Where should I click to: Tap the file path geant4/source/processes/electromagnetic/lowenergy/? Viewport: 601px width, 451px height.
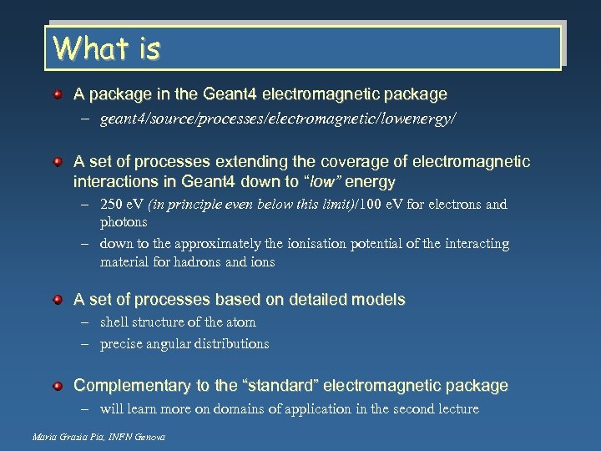(x=278, y=119)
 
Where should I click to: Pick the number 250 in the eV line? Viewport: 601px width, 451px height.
(x=112, y=205)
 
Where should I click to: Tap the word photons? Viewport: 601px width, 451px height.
(x=124, y=222)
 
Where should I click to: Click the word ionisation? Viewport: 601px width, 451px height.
(x=310, y=244)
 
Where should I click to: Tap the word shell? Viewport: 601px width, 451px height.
(x=115, y=322)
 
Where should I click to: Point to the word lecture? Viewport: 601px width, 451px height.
(x=455, y=408)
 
